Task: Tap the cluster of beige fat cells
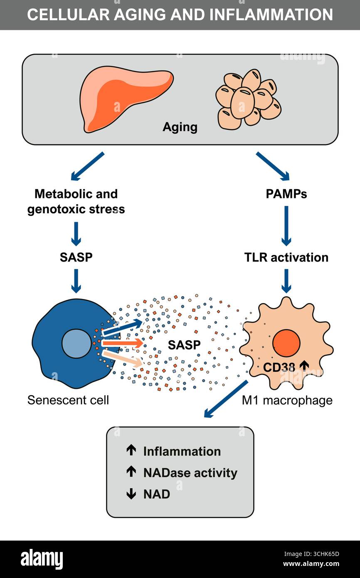[248, 99]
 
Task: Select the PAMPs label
[286, 194]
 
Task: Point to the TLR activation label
[286, 257]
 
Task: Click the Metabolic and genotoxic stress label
[76, 202]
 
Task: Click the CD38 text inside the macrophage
[279, 367]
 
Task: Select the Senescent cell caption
[68, 400]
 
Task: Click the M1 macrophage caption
[287, 401]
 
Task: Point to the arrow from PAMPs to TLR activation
[286, 226]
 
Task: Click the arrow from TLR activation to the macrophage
[286, 281]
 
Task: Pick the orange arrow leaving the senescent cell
[123, 343]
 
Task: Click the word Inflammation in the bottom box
[182, 452]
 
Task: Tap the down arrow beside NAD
[131, 494]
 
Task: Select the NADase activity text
[190, 473]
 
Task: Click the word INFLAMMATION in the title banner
[271, 15]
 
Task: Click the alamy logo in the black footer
[42, 558]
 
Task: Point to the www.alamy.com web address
[311, 563]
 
